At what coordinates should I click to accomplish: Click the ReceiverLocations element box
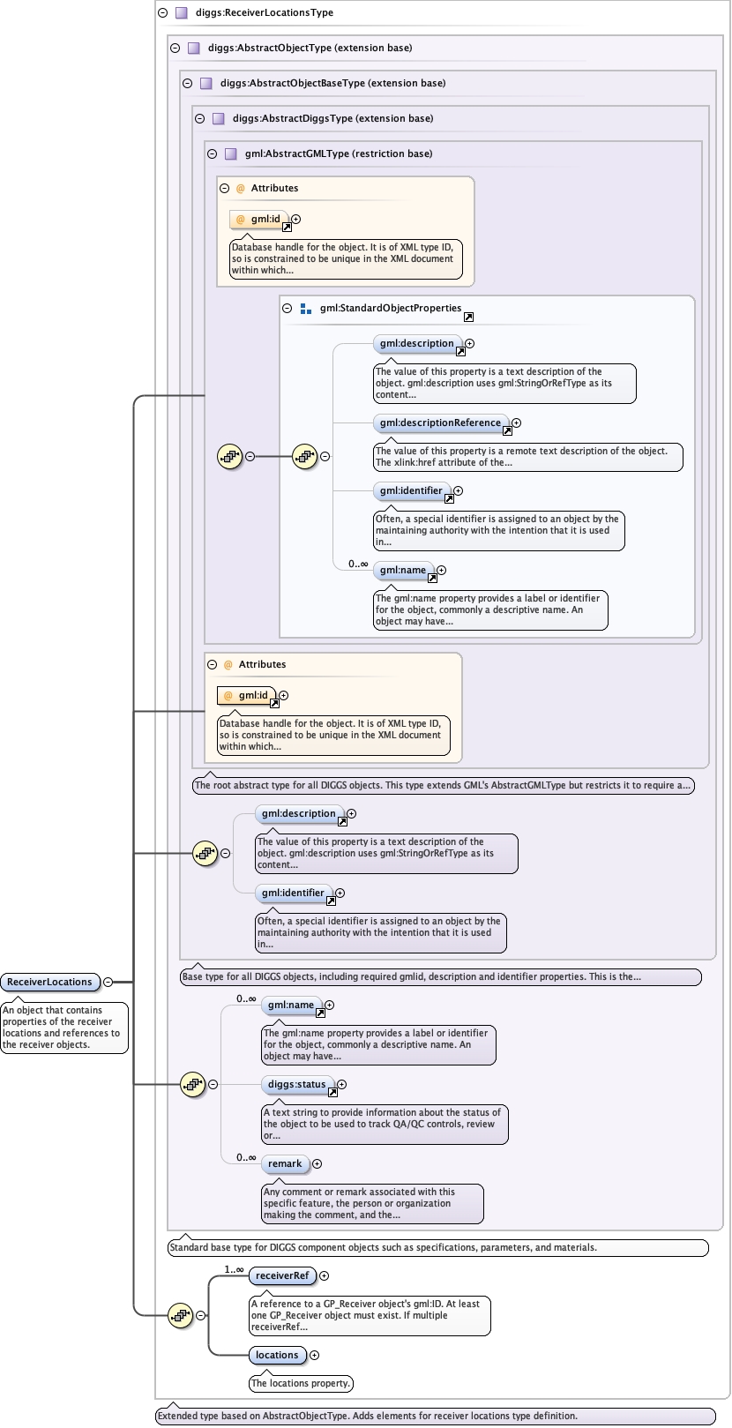pyautogui.click(x=49, y=982)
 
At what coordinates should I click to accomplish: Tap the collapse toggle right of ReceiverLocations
pyautogui.click(x=108, y=982)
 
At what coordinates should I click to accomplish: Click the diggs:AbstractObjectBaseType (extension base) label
pyautogui.click(x=332, y=83)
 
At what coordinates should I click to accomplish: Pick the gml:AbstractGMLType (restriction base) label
pyautogui.click(x=339, y=153)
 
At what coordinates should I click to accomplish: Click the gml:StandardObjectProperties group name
pyautogui.click(x=390, y=309)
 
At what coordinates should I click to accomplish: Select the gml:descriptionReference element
pyautogui.click(x=440, y=423)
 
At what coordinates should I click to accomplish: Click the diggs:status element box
pyautogui.click(x=296, y=1085)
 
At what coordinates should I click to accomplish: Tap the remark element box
pyautogui.click(x=285, y=1164)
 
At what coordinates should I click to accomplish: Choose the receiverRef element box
pyautogui.click(x=282, y=1275)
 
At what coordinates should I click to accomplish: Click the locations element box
pyautogui.click(x=277, y=1355)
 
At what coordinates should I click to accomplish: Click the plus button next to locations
pyautogui.click(x=314, y=1355)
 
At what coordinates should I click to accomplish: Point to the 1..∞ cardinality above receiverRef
pyautogui.click(x=234, y=1270)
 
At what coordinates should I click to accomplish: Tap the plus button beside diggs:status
pyautogui.click(x=341, y=1085)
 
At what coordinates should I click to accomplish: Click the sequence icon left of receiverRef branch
pyautogui.click(x=181, y=1315)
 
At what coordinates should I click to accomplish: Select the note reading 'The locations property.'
pyautogui.click(x=301, y=1383)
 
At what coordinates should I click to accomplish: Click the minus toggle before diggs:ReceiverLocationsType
pyautogui.click(x=163, y=13)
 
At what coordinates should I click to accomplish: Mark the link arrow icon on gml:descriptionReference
pyautogui.click(x=507, y=431)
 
